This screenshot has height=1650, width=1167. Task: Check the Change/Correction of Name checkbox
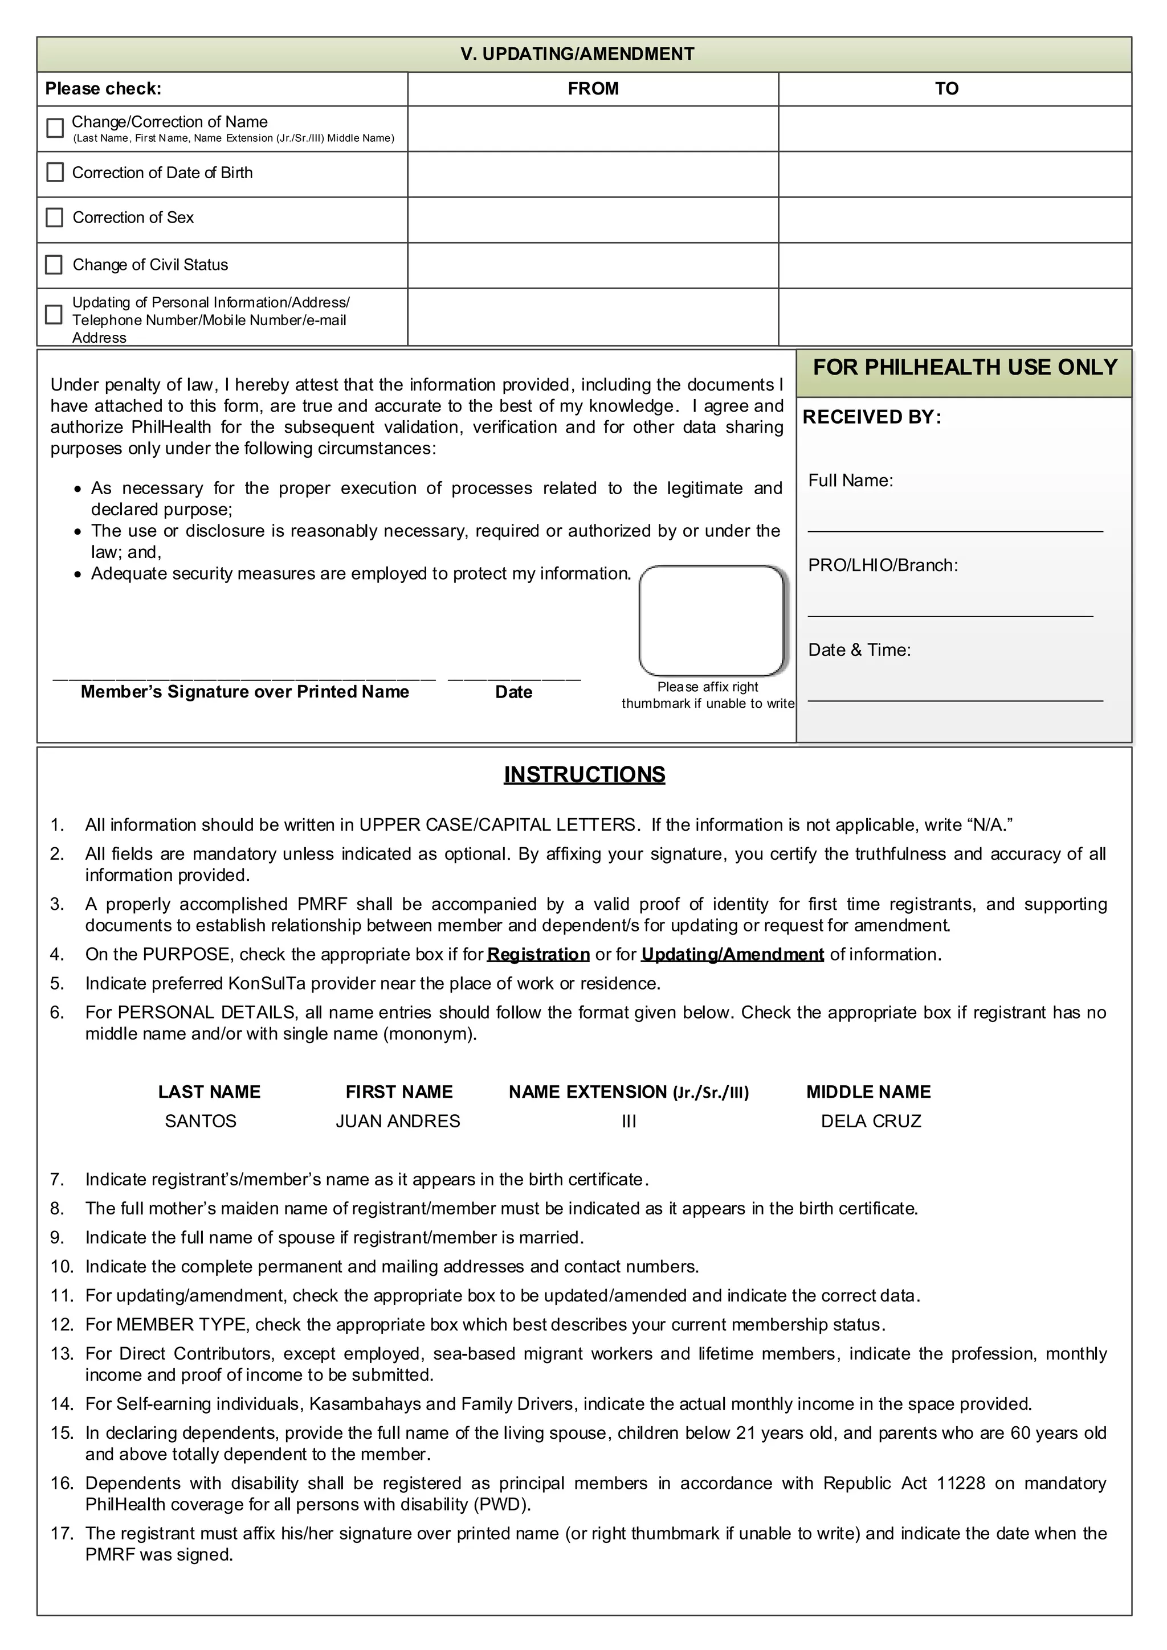pos(55,128)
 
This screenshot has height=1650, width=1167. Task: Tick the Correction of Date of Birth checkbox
pos(55,173)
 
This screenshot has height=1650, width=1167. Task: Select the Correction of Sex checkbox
pos(55,217)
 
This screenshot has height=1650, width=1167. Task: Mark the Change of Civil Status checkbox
pos(54,264)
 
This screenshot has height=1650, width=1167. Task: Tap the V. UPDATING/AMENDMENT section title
pos(577,54)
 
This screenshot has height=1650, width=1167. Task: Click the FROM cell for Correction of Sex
pos(593,219)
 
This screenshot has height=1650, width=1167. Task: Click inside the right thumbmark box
pos(711,620)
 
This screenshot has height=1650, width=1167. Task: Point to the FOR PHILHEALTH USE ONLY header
pos(964,367)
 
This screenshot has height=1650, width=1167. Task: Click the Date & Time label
pos(859,650)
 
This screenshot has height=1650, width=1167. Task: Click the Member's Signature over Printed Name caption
pos(244,692)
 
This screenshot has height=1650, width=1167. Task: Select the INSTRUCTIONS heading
pos(584,775)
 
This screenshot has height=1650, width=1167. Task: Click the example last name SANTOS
pos(201,1121)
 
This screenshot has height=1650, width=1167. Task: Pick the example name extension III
pos(629,1122)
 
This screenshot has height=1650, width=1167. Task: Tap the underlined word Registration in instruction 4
pos(538,954)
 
